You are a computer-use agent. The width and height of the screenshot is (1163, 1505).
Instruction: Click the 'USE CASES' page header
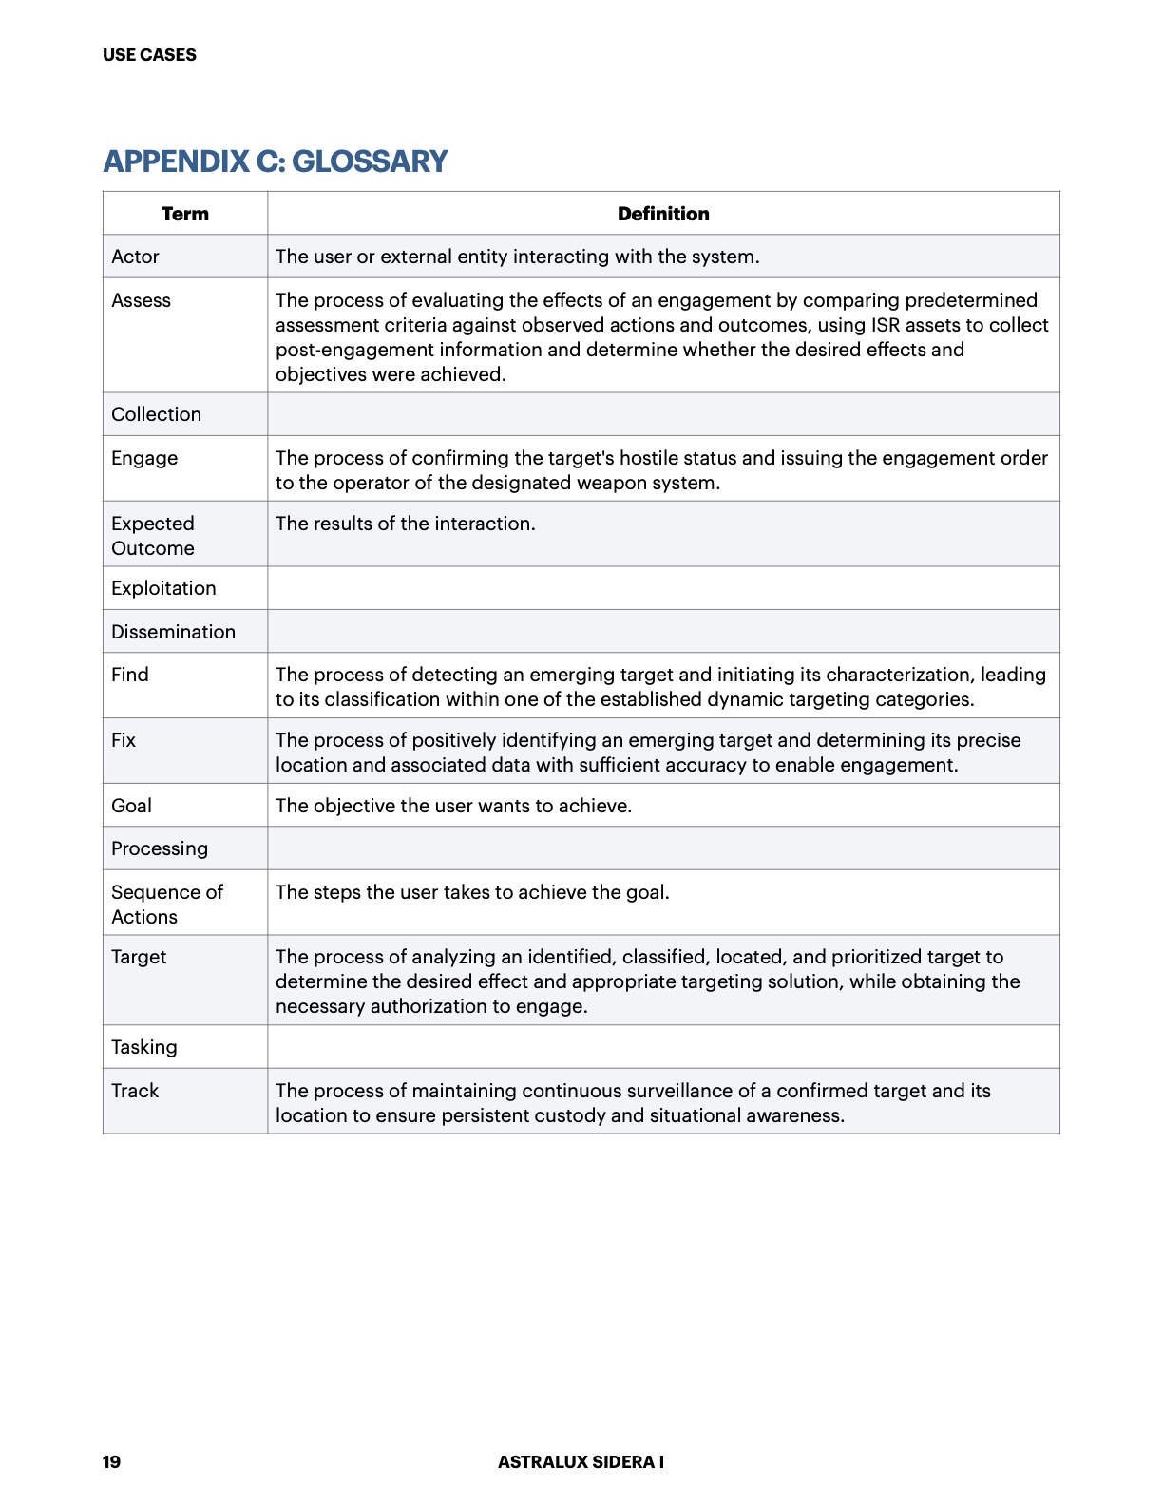coord(149,55)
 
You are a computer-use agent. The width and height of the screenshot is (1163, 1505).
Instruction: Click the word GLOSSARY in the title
coord(369,162)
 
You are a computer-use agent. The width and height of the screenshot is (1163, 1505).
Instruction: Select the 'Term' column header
coord(185,214)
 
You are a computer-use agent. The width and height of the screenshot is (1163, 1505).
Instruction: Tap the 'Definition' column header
coord(663,214)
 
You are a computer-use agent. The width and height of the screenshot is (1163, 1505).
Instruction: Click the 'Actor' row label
coord(135,257)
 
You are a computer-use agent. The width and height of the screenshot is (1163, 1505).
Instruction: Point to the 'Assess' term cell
coord(141,300)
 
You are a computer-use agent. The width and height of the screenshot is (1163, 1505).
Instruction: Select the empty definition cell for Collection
coord(663,414)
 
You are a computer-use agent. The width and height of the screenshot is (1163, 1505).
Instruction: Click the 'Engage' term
coord(144,458)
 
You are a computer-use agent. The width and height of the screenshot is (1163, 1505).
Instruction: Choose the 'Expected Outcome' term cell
coord(153,536)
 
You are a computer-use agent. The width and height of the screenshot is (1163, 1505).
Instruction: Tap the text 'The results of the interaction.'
coord(406,524)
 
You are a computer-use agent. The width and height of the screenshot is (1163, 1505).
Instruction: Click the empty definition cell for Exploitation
coord(663,588)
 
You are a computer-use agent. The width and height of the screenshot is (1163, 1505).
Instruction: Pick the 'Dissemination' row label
coord(173,632)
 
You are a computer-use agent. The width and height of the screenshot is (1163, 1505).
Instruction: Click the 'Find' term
coord(130,675)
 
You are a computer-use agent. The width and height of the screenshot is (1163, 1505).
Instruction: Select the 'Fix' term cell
coord(124,740)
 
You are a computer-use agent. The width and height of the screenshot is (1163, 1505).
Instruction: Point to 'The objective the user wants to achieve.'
coord(453,806)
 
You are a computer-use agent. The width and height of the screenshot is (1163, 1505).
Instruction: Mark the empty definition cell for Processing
coord(663,848)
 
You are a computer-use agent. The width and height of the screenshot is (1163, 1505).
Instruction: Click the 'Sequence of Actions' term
coord(166,905)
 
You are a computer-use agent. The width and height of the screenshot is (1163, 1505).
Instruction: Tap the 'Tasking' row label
coord(144,1047)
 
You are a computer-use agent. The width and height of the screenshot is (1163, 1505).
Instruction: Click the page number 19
coord(111,1461)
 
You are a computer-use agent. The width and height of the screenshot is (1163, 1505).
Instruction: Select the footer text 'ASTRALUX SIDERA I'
coord(581,1461)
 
